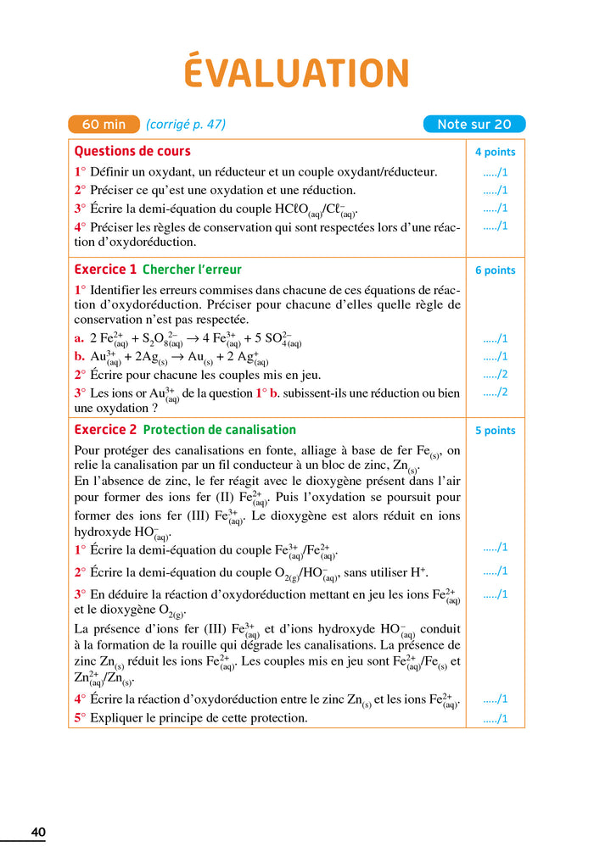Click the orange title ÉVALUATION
pos(296,74)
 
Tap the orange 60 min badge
pos(104,125)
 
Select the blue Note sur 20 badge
pos(474,125)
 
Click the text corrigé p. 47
pos(186,125)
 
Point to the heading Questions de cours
pos(132,152)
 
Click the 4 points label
pos(495,153)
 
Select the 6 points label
pos(495,270)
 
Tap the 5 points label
pos(495,431)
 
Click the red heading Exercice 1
pos(105,270)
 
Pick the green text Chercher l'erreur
pos(192,270)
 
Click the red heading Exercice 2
pos(105,430)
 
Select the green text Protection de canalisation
pos(219,430)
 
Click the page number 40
pos(38,833)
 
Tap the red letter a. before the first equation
pos(79,338)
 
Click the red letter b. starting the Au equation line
pos(80,357)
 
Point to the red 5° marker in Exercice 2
pos(80,718)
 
